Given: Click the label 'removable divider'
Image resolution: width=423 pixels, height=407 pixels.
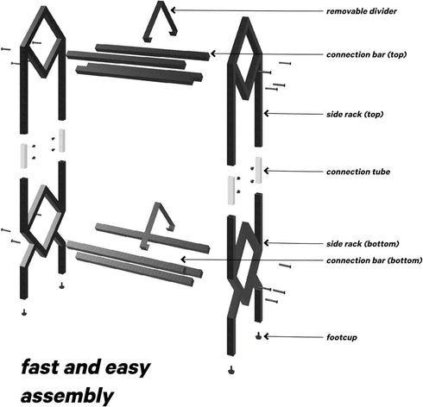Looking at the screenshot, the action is [x=362, y=11].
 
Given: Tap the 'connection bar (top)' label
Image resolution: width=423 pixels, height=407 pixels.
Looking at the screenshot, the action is [x=366, y=54].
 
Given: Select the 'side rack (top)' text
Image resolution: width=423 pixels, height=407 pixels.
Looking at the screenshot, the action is [x=355, y=115].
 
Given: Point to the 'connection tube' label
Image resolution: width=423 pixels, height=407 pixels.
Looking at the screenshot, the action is [x=358, y=172].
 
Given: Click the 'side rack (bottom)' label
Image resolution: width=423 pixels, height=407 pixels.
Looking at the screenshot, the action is [x=363, y=244].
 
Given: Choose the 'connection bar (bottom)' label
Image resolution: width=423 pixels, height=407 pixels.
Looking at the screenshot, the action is [x=374, y=260].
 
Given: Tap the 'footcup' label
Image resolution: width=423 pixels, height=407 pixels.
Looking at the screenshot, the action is [x=342, y=337].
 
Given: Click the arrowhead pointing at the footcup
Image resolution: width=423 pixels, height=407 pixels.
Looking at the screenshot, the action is [x=266, y=336].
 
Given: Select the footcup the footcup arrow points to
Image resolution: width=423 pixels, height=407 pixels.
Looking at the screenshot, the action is [x=258, y=336].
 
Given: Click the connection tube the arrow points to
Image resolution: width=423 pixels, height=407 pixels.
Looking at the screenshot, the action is [x=258, y=170].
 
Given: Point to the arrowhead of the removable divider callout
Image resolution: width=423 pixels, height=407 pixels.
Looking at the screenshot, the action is [x=173, y=10].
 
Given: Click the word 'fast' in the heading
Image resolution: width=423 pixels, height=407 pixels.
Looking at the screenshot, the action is [x=41, y=367].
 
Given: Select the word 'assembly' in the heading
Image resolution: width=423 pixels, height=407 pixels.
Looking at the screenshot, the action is [x=67, y=396].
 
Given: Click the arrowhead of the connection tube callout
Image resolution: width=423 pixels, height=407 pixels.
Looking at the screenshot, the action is [x=266, y=171].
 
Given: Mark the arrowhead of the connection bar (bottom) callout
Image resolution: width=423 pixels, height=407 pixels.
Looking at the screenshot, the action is [x=183, y=260].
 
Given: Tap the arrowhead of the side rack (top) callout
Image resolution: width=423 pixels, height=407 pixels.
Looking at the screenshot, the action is [x=266, y=114].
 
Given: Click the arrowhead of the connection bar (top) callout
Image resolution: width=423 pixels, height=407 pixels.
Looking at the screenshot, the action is [x=213, y=53].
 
